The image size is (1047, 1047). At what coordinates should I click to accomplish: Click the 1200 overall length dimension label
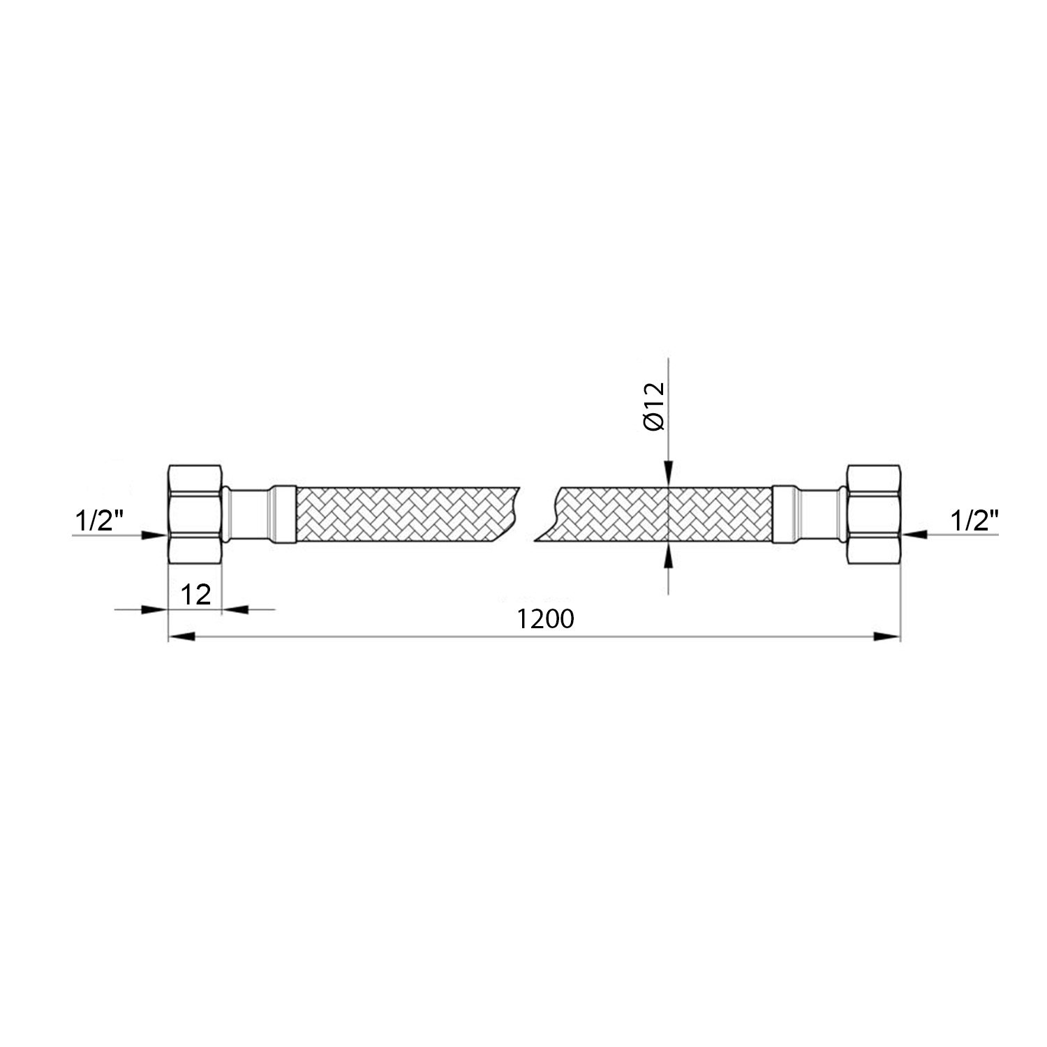coord(546,619)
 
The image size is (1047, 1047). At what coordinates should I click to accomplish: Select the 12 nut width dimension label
coord(195,595)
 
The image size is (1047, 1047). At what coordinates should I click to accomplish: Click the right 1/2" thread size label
coord(974,520)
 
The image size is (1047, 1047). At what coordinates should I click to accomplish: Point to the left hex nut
coord(195,514)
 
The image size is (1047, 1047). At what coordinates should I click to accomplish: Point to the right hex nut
coord(873,514)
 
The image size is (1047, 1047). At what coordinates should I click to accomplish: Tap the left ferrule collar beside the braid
coord(283,514)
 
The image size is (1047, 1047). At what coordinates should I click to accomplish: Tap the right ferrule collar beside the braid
coord(785,514)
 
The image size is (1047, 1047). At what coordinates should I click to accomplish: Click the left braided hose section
coord(405,514)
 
